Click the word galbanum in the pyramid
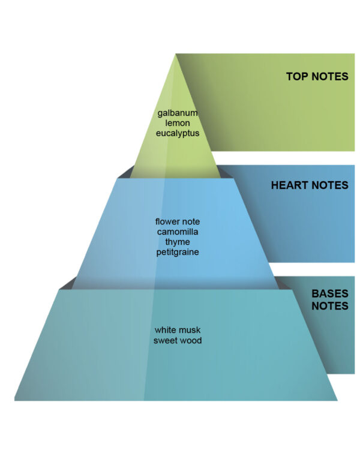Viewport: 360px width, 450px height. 178,113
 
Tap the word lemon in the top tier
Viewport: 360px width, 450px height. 178,123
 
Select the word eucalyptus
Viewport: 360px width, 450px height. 178,133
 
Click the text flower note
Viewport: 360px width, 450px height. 178,222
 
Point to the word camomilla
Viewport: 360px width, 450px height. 178,232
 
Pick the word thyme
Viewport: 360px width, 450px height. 178,242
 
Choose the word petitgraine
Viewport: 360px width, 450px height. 178,252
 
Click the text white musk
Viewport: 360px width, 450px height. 178,330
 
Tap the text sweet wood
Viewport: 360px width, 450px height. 178,340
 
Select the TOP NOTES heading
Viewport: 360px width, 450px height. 317,77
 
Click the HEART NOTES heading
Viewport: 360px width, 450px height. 310,185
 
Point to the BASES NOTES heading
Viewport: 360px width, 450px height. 329,299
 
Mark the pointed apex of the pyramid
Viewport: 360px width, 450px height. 176,55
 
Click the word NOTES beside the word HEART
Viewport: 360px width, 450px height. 330,185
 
